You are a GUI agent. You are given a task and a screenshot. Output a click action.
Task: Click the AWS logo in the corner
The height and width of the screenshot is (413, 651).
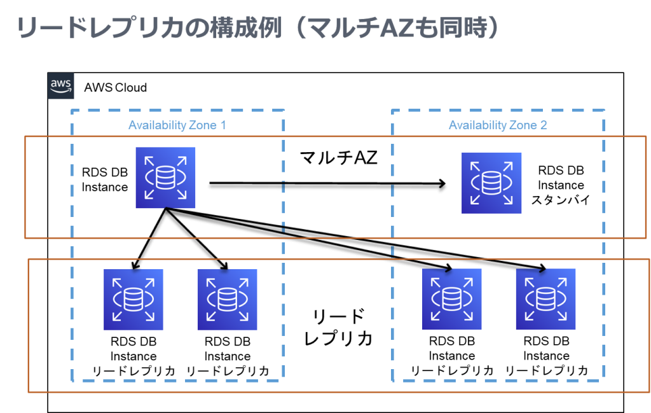pyautogui.click(x=60, y=86)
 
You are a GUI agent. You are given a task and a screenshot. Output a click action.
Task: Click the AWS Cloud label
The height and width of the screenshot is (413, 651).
pyautogui.click(x=116, y=88)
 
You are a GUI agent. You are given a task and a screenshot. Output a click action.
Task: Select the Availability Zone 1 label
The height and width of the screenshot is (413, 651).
pyautogui.click(x=177, y=125)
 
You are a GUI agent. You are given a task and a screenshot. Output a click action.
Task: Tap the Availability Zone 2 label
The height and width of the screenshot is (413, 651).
pyautogui.click(x=498, y=125)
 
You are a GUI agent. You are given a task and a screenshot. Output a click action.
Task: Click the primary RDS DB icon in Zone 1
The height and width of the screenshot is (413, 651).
pyautogui.click(x=165, y=178)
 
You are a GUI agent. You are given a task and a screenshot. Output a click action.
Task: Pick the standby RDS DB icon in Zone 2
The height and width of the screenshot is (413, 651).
pyautogui.click(x=491, y=183)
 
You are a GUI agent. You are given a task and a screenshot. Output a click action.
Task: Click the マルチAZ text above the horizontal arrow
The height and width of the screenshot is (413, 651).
pyautogui.click(x=338, y=157)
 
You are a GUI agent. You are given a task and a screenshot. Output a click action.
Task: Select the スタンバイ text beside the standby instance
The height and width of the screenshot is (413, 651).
pyautogui.click(x=561, y=200)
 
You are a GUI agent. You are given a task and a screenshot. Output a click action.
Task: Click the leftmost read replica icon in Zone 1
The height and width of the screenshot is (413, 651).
pyautogui.click(x=134, y=300)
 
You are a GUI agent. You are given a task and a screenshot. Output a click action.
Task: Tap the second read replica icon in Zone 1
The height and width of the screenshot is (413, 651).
pyautogui.click(x=227, y=300)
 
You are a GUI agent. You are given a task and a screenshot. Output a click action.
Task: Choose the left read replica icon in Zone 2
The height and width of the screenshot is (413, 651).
pyautogui.click(x=452, y=299)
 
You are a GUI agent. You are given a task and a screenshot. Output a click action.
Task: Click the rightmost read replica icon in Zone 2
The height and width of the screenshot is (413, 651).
pyautogui.click(x=545, y=299)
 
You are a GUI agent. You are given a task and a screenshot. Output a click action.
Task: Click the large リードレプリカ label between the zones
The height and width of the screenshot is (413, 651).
pyautogui.click(x=338, y=328)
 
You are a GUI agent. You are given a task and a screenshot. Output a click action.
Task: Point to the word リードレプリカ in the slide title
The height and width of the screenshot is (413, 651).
pyautogui.click(x=100, y=28)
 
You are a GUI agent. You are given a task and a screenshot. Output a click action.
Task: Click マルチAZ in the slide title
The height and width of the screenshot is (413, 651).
pyautogui.click(x=361, y=28)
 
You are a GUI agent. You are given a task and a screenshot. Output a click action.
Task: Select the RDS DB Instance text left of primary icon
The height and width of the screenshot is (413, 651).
pyautogui.click(x=105, y=179)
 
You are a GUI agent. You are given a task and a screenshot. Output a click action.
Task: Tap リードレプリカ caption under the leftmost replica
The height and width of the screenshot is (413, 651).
pyautogui.click(x=134, y=370)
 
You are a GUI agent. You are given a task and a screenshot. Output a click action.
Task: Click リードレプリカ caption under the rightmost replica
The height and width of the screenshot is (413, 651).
pyautogui.click(x=546, y=370)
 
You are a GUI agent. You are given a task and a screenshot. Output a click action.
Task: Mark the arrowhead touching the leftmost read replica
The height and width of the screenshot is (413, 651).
pyautogui.click(x=135, y=266)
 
